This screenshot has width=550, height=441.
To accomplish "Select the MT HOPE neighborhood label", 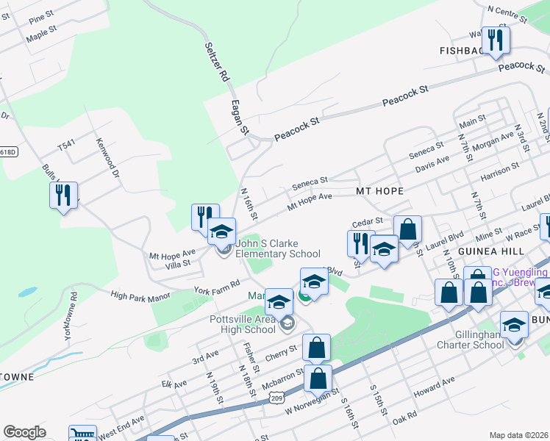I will [380, 191].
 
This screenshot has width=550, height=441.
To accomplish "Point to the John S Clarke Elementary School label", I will [278, 249].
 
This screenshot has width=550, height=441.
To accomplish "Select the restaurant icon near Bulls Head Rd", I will [63, 196].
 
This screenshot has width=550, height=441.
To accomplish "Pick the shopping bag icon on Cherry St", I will [316, 348].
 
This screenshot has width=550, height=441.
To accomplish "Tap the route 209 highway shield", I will [276, 398].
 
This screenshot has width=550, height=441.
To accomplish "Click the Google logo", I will [24, 431].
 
